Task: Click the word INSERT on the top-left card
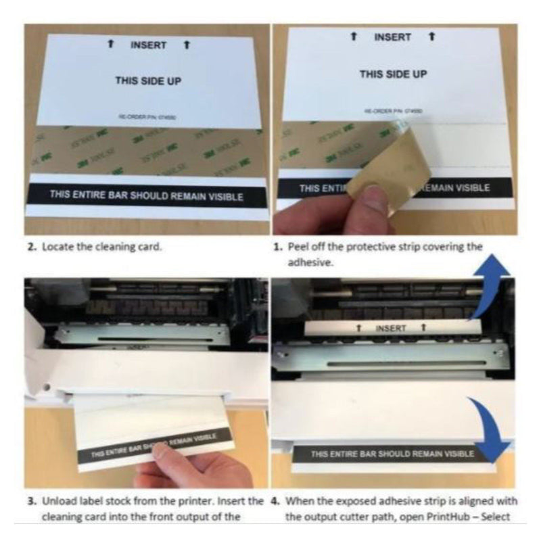pyautogui.click(x=148, y=45)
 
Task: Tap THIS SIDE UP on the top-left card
pyautogui.click(x=147, y=80)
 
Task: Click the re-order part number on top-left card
pyautogui.click(x=147, y=117)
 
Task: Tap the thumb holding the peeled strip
pyautogui.click(x=369, y=203)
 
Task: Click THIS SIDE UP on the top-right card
pyautogui.click(x=393, y=74)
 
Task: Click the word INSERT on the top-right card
pyautogui.click(x=392, y=37)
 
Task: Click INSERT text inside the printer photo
pyautogui.click(x=390, y=329)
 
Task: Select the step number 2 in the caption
pyautogui.click(x=30, y=248)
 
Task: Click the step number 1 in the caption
pyautogui.click(x=277, y=248)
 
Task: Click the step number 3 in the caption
pyautogui.click(x=30, y=502)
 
